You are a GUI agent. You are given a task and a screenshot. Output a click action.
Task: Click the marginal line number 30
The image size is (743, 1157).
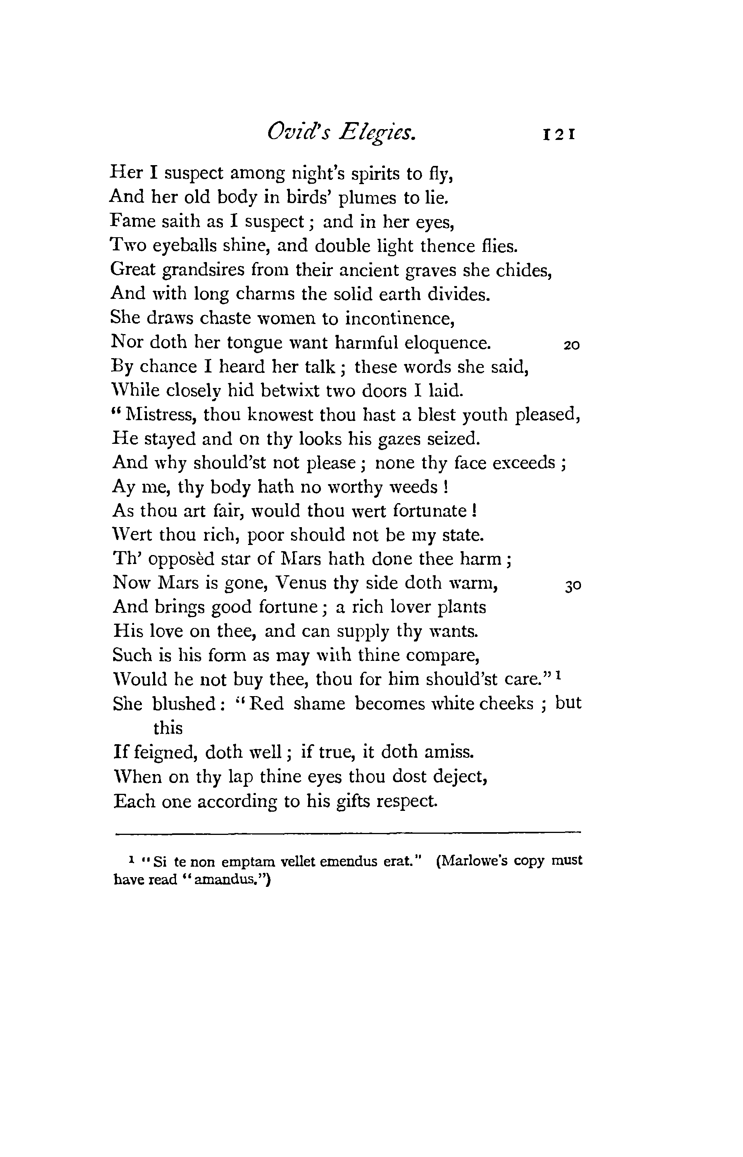[x=573, y=586]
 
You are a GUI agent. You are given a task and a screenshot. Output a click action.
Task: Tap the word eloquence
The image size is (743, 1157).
[x=447, y=343]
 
